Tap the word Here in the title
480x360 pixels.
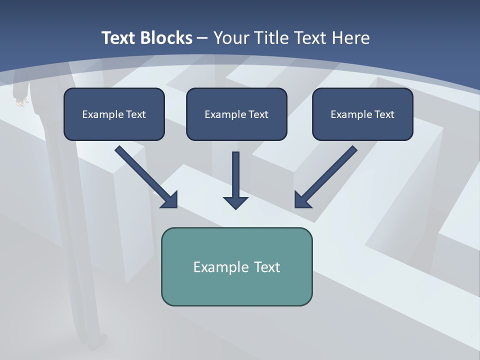(x=350, y=38)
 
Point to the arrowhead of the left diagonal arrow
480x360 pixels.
(x=170, y=200)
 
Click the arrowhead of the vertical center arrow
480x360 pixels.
(x=235, y=203)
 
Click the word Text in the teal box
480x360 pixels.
(x=267, y=267)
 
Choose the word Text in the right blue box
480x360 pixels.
(x=384, y=114)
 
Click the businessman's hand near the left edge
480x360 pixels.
(x=20, y=102)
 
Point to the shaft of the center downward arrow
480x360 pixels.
(x=235, y=172)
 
